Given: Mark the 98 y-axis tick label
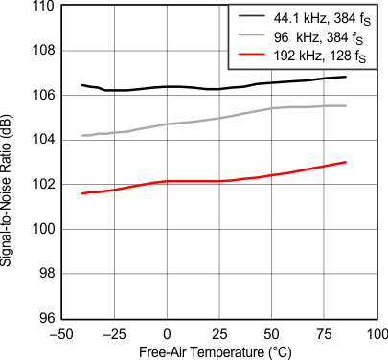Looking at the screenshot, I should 43,273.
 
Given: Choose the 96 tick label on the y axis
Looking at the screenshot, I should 43,317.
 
